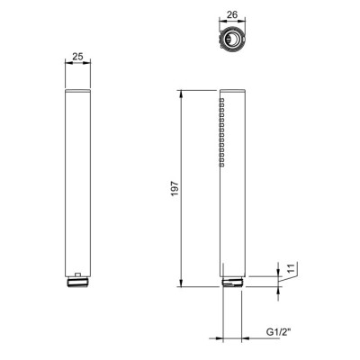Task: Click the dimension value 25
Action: coord(77,57)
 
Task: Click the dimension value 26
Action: coord(232,14)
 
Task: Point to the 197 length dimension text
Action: coord(175,189)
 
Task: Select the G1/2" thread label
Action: coord(279,332)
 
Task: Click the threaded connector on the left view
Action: coord(78,282)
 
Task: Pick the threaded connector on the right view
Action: coord(232,282)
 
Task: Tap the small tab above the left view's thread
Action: coord(77,274)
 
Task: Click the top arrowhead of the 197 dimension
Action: coord(181,94)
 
